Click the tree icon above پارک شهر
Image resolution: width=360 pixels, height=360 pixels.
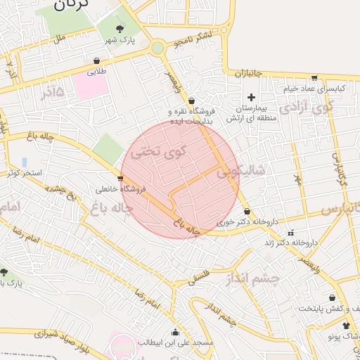[x=120, y=29]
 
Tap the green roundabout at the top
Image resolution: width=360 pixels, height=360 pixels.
[x=157, y=48]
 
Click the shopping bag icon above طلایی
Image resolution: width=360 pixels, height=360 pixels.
[x=96, y=60]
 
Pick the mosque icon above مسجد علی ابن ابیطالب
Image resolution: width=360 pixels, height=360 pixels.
[x=176, y=332]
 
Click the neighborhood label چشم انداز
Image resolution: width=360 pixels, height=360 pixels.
[x=254, y=278]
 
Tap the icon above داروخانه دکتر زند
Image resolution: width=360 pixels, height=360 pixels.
[x=291, y=233]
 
